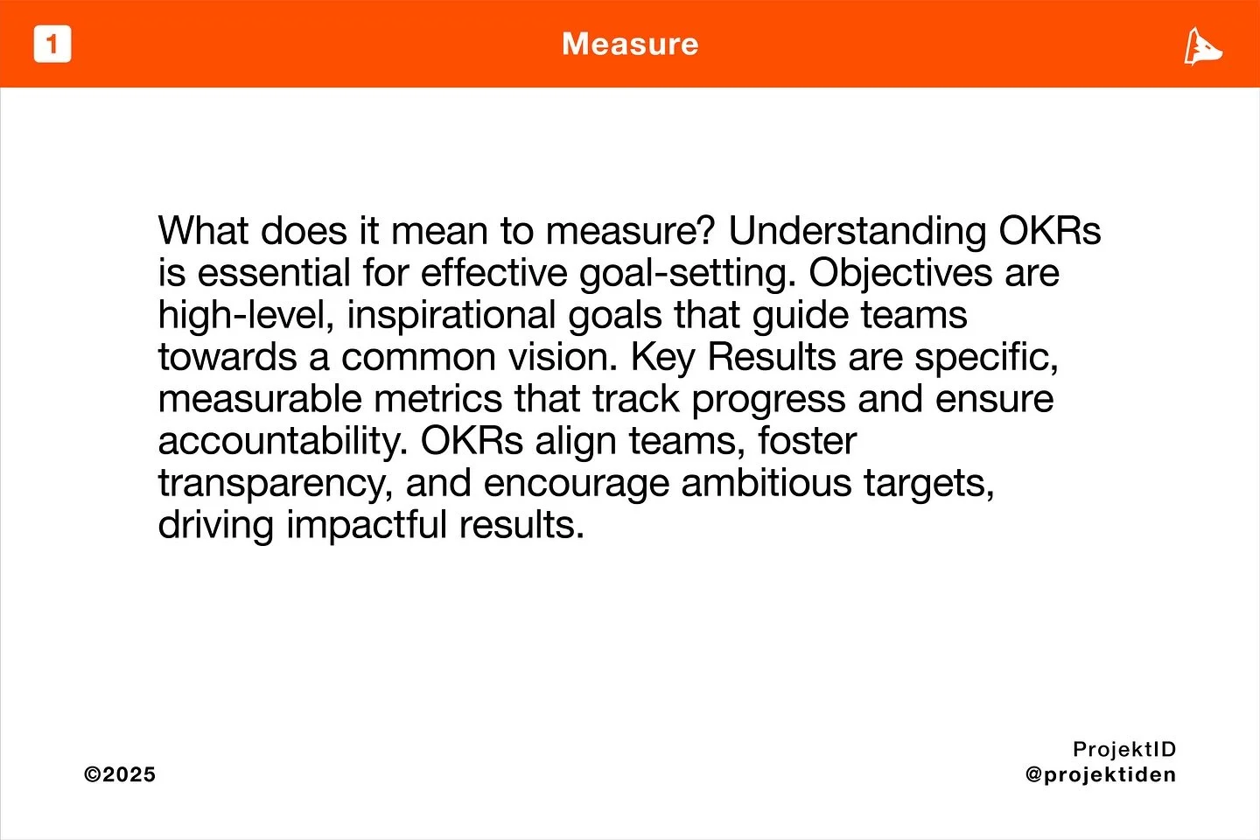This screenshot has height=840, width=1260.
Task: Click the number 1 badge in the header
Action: pyautogui.click(x=52, y=45)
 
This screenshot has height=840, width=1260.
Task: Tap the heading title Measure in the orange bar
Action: pyautogui.click(x=630, y=44)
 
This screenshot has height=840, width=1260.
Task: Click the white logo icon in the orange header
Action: pyautogui.click(x=1203, y=46)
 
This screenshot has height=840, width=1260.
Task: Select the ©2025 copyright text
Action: pyautogui.click(x=120, y=774)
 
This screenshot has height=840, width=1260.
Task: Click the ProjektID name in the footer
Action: pyautogui.click(x=1124, y=749)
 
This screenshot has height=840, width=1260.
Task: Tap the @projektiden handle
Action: pyautogui.click(x=1101, y=774)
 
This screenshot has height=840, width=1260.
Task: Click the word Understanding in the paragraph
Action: pyautogui.click(x=857, y=231)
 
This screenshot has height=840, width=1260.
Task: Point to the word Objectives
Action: pyautogui.click(x=899, y=273)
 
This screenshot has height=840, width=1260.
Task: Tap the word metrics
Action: pyautogui.click(x=437, y=399)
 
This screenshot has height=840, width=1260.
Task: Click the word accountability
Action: pyautogui.click(x=283, y=441)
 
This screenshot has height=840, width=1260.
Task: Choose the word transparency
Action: pyautogui.click(x=275, y=483)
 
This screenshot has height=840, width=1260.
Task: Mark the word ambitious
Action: pyautogui.click(x=766, y=483)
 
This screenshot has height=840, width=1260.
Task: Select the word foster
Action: pyautogui.click(x=807, y=441)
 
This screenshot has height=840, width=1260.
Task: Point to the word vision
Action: pyautogui.click(x=570, y=357)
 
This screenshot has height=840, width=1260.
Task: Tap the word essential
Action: pyautogui.click(x=274, y=273)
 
